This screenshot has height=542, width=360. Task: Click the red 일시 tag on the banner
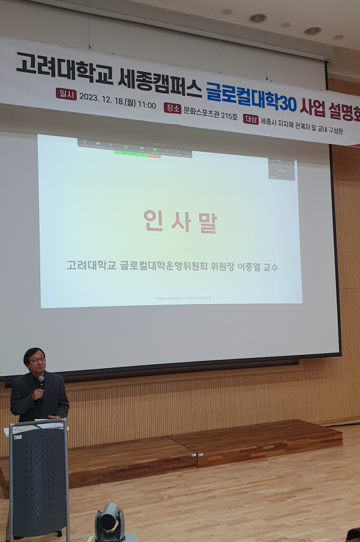pos(65,93)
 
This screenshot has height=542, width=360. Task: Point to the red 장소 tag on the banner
pos(172,108)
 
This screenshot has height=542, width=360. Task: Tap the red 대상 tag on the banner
pos(251,119)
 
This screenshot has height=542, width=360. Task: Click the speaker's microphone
pos(41,381)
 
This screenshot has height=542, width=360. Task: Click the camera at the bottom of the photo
pos(109,521)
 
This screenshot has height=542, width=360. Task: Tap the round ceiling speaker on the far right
pos(312,31)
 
